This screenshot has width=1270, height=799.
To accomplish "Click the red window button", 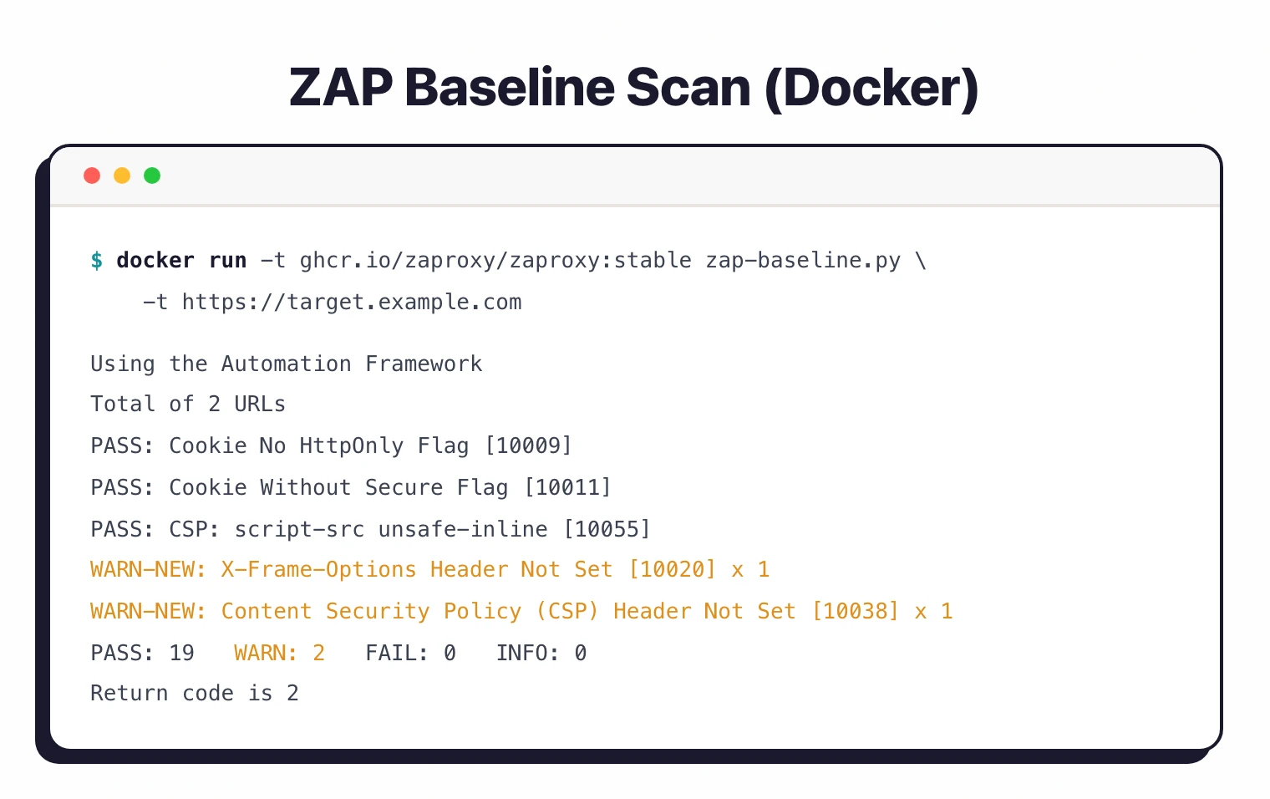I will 92,176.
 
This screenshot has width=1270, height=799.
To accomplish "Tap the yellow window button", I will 122,176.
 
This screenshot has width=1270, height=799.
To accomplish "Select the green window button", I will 152,176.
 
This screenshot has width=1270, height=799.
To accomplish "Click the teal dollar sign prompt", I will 97,261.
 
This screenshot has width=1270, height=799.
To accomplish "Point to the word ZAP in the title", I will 341,88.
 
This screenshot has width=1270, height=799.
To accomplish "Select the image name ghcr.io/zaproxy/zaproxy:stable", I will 495,261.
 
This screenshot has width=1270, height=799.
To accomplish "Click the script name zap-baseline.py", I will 803,261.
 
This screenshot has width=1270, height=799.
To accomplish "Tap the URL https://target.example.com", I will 352,303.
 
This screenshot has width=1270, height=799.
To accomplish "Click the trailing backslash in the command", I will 921,261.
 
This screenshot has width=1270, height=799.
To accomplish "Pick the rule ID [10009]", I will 528,445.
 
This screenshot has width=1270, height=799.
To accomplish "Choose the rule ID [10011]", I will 567,487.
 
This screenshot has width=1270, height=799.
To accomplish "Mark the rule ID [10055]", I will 607,529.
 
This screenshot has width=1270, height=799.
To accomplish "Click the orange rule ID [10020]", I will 673,570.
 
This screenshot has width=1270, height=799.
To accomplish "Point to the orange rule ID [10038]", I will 856,612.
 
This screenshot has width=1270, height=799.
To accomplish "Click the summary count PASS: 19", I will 142,653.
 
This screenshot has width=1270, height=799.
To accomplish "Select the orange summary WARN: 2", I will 279,653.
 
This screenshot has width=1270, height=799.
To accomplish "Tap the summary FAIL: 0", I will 410,653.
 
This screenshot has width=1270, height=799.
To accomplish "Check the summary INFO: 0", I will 541,653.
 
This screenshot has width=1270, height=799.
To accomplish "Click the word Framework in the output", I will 424,364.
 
